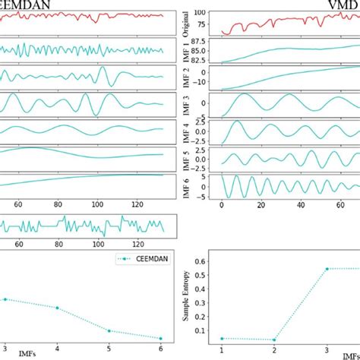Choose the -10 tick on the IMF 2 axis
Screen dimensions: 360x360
pos(207,84)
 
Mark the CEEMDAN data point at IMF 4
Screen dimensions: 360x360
pos(56,308)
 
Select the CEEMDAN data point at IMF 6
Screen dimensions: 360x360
pos(161,338)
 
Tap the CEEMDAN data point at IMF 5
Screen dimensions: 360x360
pos(109,330)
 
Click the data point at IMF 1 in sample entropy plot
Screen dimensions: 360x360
pos(221,338)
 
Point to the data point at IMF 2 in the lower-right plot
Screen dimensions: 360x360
pos(273,339)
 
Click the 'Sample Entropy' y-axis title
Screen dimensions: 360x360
pos(187,303)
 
